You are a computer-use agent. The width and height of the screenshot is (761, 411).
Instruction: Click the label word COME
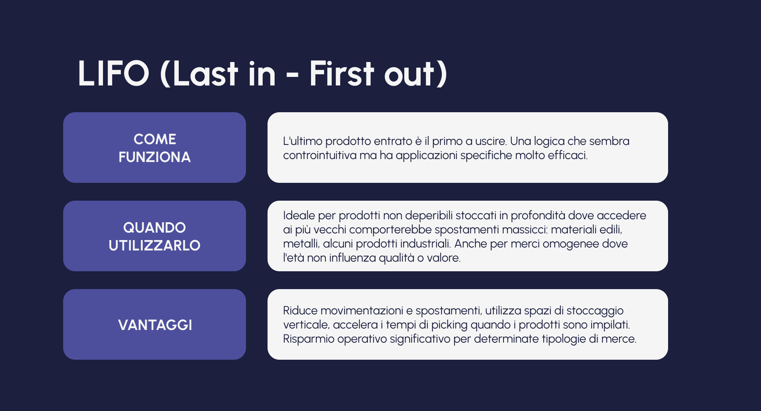155,139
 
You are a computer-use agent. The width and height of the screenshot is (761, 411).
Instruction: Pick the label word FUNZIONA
155,157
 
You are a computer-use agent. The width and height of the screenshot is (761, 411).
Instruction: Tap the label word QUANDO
155,228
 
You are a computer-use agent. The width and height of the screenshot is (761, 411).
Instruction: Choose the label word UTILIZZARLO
155,246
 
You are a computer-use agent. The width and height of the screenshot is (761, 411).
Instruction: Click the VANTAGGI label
155,325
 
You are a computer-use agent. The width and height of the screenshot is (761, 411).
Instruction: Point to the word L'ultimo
302,141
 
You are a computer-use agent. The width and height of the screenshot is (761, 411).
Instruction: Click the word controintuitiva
320,155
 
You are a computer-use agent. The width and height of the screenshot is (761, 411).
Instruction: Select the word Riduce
300,311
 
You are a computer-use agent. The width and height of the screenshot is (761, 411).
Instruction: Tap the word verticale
307,325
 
